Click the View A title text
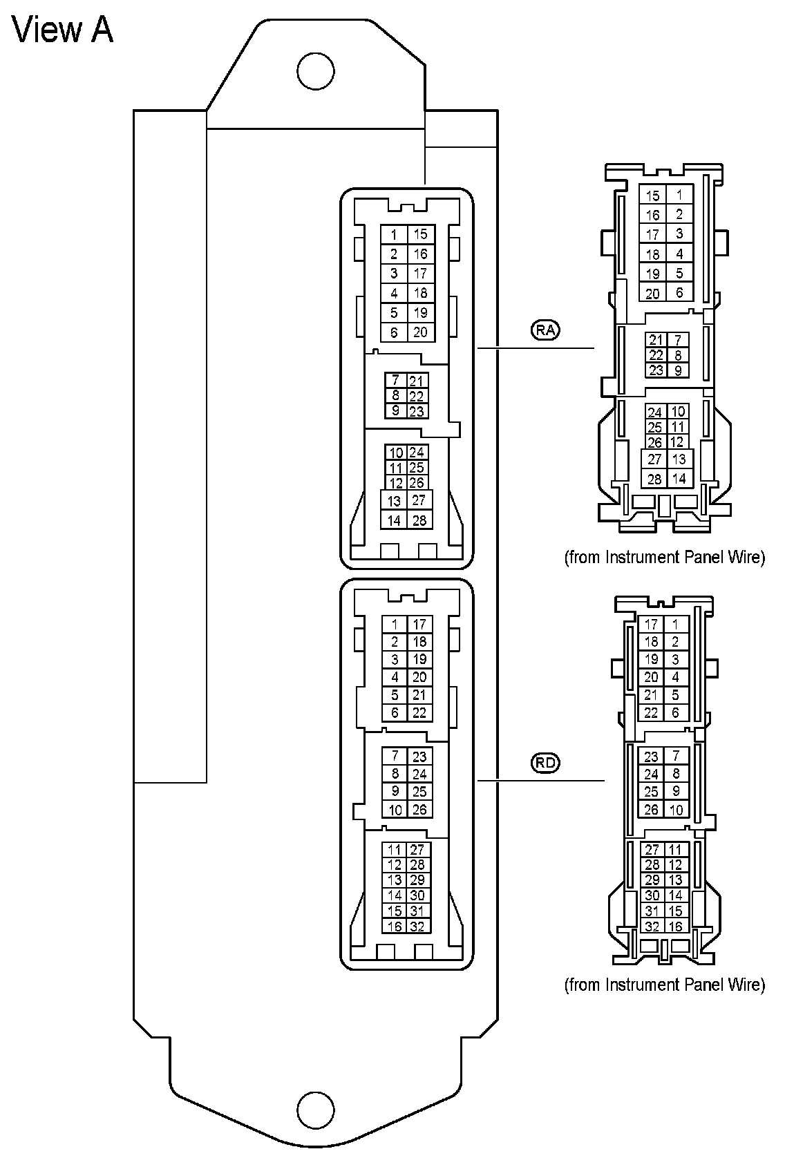click(63, 30)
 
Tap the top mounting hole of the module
click(315, 70)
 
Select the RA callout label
click(545, 330)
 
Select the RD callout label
click(545, 763)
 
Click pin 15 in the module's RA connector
click(420, 235)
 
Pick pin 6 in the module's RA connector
click(394, 332)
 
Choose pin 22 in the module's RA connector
click(416, 396)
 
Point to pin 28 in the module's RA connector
click(419, 520)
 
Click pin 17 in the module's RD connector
click(419, 625)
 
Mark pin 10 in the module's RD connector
click(395, 810)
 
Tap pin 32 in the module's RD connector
click(417, 927)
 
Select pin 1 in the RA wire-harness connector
click(680, 195)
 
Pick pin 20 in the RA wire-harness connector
click(653, 293)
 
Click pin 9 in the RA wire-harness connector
click(678, 370)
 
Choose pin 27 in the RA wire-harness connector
click(654, 459)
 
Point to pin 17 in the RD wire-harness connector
click(651, 625)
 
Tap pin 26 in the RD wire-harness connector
click(651, 810)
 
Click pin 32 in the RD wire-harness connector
click(652, 927)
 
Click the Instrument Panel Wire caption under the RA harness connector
click(665, 557)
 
